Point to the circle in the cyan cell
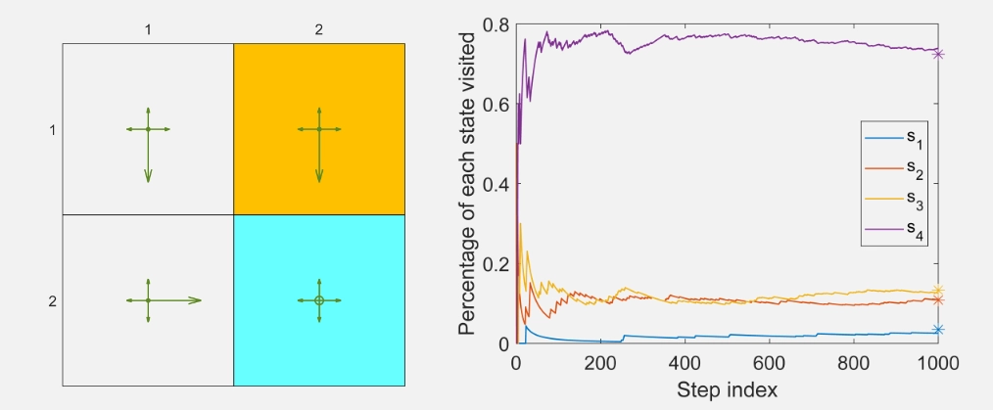319,300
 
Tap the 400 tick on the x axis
685,363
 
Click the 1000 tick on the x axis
937,363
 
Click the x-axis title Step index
727,389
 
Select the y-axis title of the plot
468,184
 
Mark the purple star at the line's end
938,54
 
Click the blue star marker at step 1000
938,330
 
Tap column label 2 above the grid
319,30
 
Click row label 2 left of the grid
52,300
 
